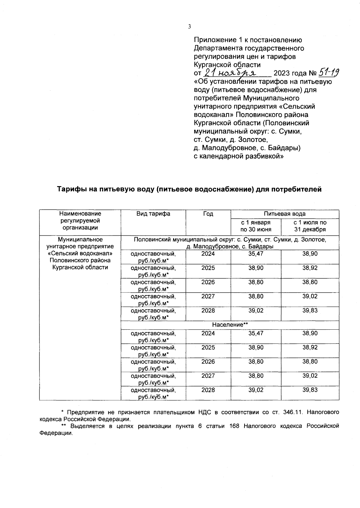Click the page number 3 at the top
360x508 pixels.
click(x=189, y=27)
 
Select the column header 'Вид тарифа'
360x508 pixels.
click(x=153, y=214)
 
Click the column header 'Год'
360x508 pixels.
click(x=208, y=214)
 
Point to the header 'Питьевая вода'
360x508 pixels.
click(x=285, y=214)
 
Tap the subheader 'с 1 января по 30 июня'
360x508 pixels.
click(x=256, y=226)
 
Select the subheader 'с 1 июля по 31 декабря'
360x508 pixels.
click(x=310, y=226)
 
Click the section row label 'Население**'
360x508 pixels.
click(x=230, y=325)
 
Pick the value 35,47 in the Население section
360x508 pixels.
click(x=256, y=333)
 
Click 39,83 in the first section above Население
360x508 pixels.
click(x=310, y=310)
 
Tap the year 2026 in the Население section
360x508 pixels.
click(x=208, y=361)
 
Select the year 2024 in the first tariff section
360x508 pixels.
click(x=208, y=254)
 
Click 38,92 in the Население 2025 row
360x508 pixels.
click(x=310, y=347)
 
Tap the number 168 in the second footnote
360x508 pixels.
click(x=234, y=426)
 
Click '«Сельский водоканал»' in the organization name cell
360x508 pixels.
click(x=80, y=253)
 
